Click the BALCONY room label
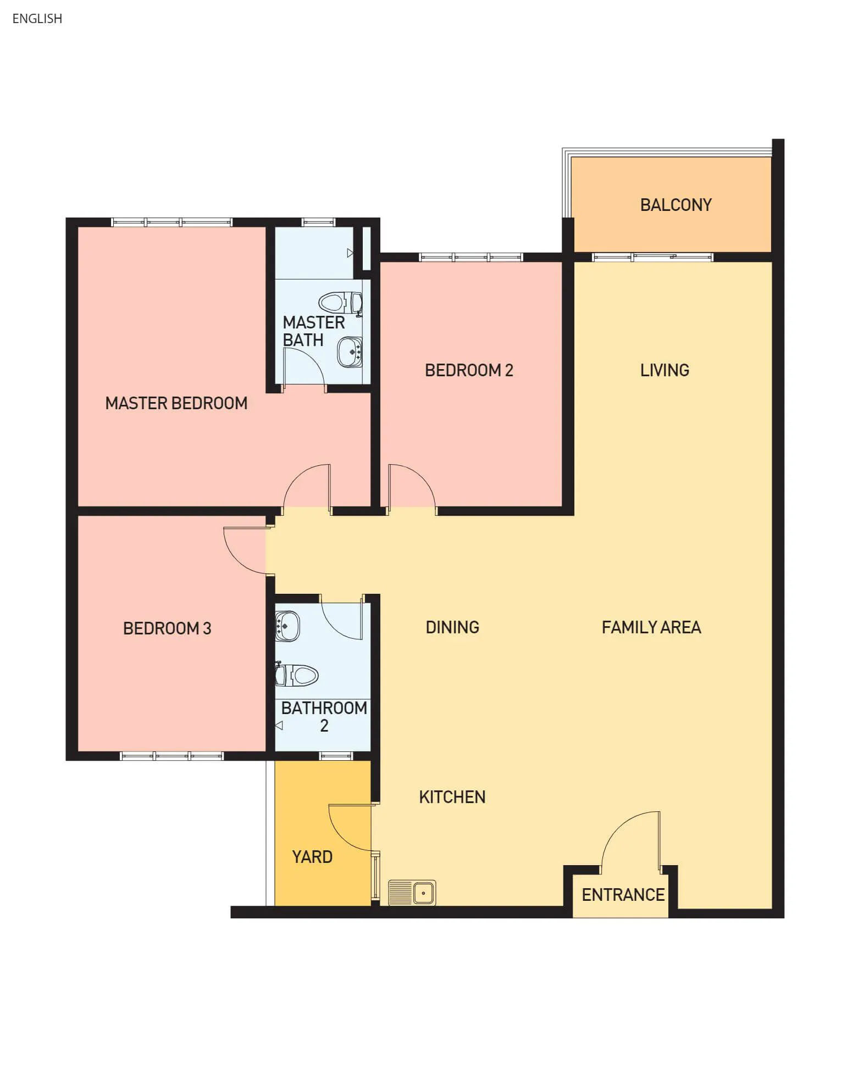click(x=676, y=205)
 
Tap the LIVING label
click(x=665, y=370)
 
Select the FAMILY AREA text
click(x=651, y=627)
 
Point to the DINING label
click(x=452, y=627)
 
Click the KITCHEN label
click(x=452, y=797)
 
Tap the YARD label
click(x=312, y=857)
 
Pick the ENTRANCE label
click(x=623, y=895)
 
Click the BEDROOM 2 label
click(x=469, y=370)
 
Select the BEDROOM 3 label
click(x=167, y=628)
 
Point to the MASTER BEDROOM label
click(x=176, y=403)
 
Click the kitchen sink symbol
click(x=412, y=893)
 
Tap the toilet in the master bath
click(x=340, y=303)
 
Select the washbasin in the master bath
click(x=350, y=352)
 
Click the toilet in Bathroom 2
click(x=297, y=675)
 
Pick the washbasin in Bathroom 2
click(x=287, y=626)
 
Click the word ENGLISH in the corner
click(x=37, y=19)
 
